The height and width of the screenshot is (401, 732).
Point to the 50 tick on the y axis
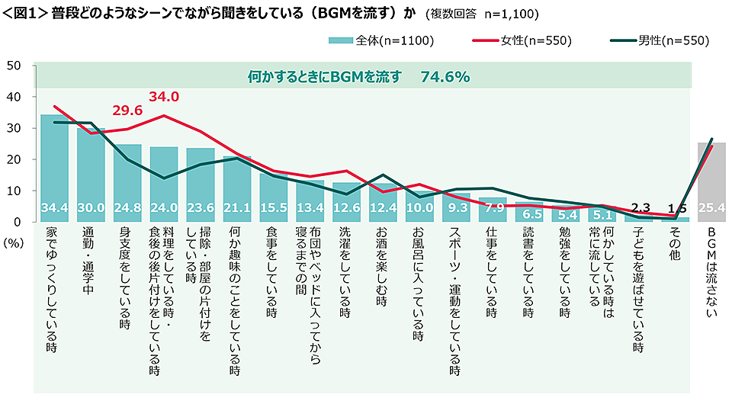(13, 66)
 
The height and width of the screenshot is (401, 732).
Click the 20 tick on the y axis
(13, 159)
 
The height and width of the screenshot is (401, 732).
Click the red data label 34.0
(163, 97)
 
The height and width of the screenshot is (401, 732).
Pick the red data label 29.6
(127, 111)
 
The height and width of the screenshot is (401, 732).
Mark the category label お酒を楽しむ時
(383, 274)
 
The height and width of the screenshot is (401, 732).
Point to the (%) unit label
(14, 239)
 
